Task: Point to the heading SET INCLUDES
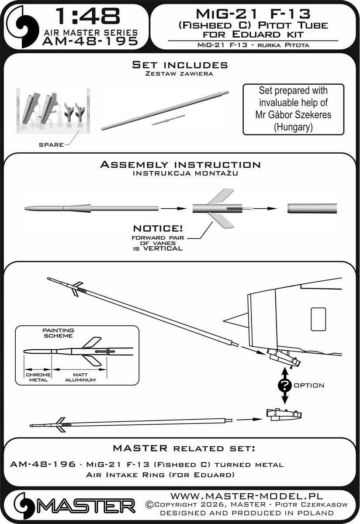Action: pyautogui.click(x=180, y=65)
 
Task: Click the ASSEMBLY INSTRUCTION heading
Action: pyautogui.click(x=180, y=165)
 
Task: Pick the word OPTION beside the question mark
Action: pyautogui.click(x=309, y=386)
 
